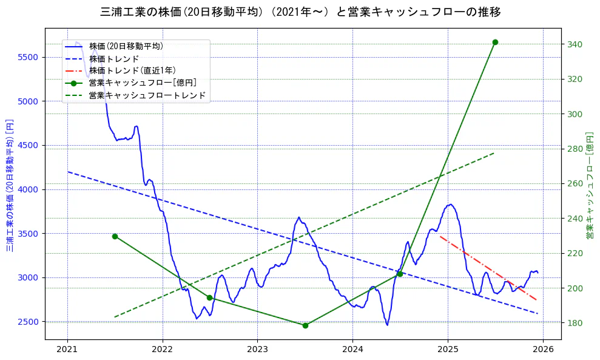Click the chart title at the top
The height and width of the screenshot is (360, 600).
point(300,12)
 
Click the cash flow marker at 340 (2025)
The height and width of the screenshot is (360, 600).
point(495,42)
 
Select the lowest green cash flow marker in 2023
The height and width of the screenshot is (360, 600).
point(305,325)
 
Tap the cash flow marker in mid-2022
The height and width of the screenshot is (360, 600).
point(209,297)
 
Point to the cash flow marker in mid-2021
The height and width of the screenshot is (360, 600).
point(115,236)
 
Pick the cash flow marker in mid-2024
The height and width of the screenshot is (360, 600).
point(400,274)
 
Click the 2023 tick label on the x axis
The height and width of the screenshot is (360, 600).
point(257,350)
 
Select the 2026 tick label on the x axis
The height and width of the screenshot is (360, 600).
point(543,350)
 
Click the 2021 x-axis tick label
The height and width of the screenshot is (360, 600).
point(67,350)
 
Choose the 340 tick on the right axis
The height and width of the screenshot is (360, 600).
point(575,44)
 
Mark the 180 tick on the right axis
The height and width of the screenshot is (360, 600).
point(575,323)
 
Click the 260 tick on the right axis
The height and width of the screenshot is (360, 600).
point(575,183)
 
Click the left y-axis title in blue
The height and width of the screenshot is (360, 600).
point(10,185)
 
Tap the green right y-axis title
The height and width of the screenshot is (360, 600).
point(589,185)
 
